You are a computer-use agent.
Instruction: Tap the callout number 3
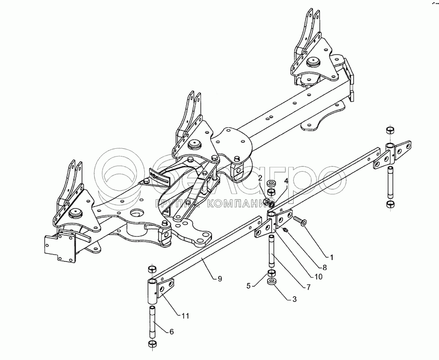[294, 299]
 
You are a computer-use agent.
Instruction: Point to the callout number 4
[286, 181]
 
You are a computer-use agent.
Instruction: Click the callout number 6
[170, 332]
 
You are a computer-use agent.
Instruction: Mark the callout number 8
[324, 267]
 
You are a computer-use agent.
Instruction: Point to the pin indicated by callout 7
[271, 249]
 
